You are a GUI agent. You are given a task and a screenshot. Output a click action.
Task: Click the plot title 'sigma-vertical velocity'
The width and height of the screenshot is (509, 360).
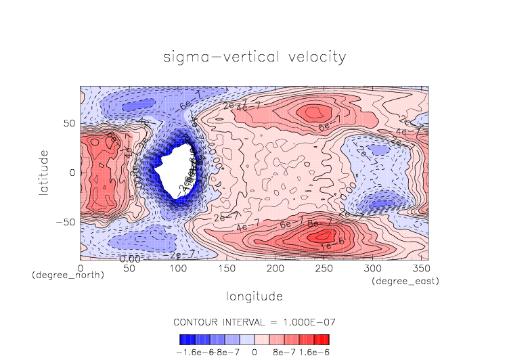pyautogui.click(x=255, y=56)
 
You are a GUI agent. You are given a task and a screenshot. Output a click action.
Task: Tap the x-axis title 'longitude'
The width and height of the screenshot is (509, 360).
pyautogui.click(x=255, y=296)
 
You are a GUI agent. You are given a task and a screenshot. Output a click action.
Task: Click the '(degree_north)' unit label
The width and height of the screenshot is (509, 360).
pyautogui.click(x=68, y=275)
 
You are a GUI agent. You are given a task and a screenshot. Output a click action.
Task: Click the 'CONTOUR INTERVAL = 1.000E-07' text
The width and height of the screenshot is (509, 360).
pyautogui.click(x=255, y=321)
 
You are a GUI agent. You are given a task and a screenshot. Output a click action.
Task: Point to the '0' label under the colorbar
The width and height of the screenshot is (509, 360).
pyautogui.click(x=255, y=352)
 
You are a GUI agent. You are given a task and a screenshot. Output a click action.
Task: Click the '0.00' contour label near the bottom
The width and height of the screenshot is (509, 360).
pyautogui.click(x=130, y=258)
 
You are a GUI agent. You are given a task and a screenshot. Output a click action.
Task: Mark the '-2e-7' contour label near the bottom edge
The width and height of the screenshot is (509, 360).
pyautogui.click(x=181, y=254)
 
